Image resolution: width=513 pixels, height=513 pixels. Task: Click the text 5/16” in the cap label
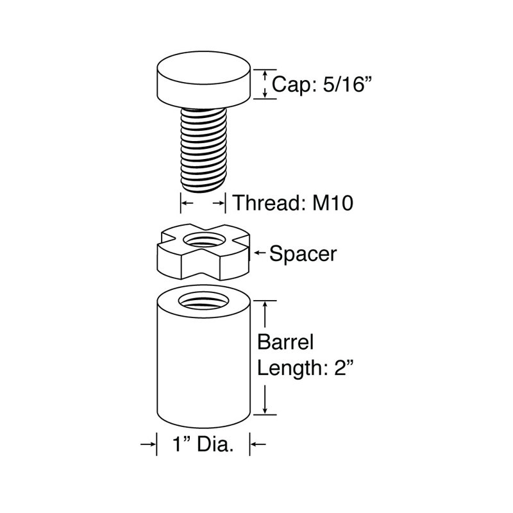click(x=348, y=84)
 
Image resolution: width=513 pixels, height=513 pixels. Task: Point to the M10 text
click(x=332, y=203)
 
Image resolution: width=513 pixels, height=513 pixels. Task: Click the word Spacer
click(x=303, y=254)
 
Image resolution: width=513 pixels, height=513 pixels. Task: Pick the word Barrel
click(x=285, y=342)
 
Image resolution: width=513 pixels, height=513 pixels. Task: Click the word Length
click(x=290, y=369)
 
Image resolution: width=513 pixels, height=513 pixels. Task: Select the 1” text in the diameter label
click(x=181, y=444)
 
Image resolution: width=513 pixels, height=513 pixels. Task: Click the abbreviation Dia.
click(x=215, y=444)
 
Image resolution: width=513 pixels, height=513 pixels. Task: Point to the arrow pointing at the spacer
click(x=260, y=252)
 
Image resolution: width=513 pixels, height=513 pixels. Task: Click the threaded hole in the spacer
click(x=204, y=240)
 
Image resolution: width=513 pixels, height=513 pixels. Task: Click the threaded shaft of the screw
click(x=203, y=150)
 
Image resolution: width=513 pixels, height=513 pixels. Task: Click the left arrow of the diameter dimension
click(x=147, y=444)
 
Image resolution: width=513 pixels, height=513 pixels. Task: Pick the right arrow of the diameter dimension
click(x=258, y=444)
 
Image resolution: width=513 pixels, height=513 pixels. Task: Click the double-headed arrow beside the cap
click(x=265, y=84)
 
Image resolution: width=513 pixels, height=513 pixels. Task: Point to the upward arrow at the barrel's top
click(x=265, y=314)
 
